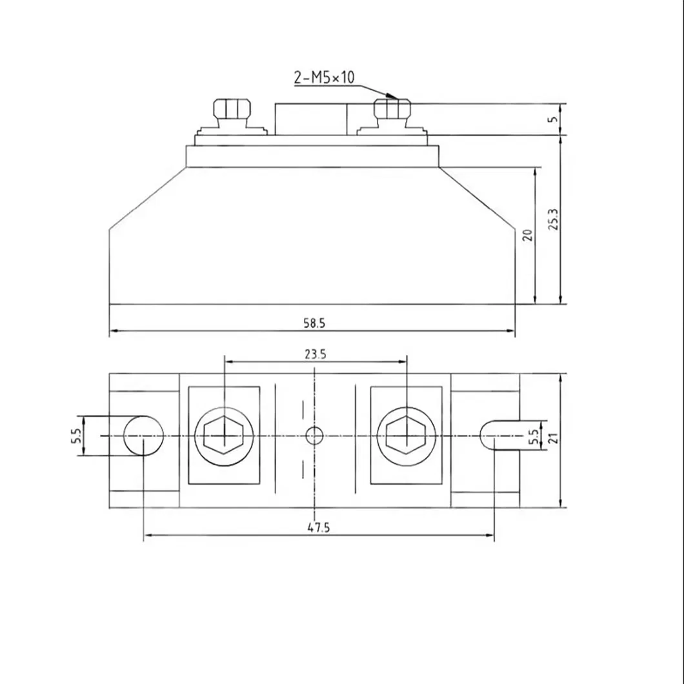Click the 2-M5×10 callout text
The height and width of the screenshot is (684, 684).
pos(324,78)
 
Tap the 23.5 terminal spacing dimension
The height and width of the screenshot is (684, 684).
pos(314,354)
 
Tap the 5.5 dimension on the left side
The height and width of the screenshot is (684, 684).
pos(75,436)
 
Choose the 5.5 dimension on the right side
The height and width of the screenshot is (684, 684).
pos(533,437)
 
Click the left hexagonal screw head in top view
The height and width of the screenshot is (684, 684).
pos(223,436)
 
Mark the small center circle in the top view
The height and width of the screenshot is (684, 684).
pos(314,436)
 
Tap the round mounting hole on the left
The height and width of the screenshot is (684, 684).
pos(143,436)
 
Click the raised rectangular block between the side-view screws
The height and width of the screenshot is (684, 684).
pos(311,119)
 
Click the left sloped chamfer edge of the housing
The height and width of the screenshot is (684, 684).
pos(147,197)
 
